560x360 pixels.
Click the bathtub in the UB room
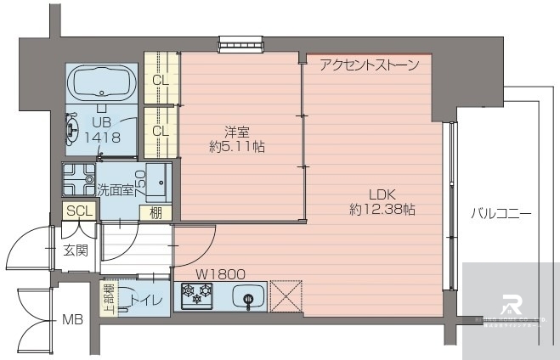click(101, 84)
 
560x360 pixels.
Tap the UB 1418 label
click(101, 129)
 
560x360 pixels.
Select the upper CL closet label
click(159, 81)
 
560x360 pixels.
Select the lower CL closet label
click(159, 132)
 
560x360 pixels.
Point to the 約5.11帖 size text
click(237, 146)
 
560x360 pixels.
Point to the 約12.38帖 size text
click(382, 208)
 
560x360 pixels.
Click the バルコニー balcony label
click(501, 214)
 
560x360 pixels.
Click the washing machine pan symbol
click(78, 179)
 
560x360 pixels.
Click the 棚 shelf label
click(156, 211)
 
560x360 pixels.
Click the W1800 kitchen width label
click(221, 274)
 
